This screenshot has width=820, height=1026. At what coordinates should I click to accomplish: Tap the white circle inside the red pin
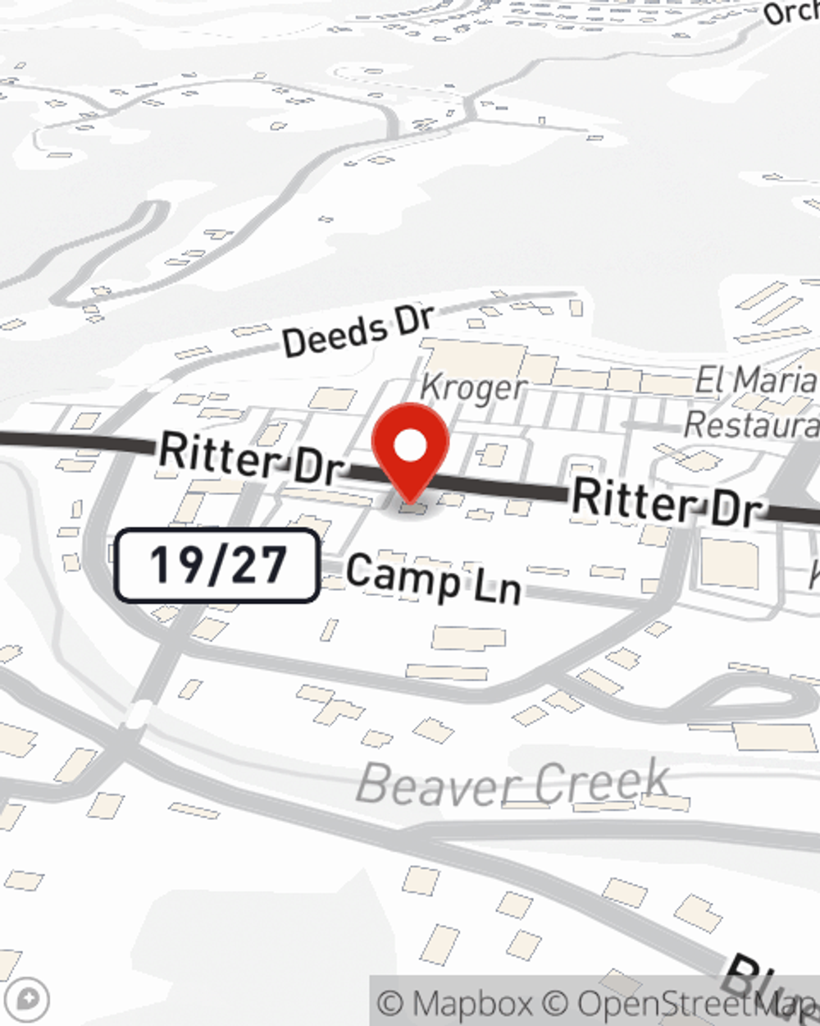410,447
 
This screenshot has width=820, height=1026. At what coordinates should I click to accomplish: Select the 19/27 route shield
216,566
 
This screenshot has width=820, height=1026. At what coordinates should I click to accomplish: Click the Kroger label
472,387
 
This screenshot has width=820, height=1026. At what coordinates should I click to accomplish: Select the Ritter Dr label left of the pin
250,458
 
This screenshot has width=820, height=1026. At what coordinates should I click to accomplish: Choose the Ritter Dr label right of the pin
666,502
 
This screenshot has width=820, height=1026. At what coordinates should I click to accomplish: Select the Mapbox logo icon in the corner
29,1000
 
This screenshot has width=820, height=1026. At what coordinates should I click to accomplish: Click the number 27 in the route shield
260,566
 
